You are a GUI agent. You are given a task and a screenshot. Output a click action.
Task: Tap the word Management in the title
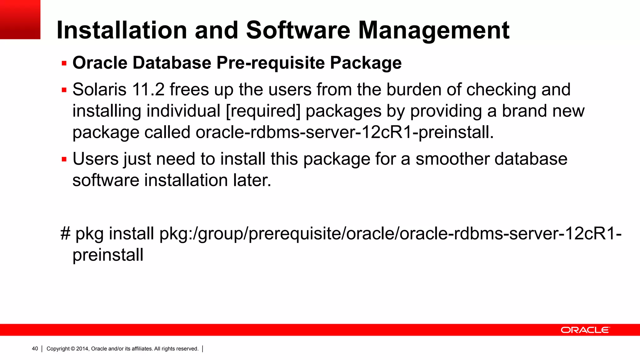click(434, 30)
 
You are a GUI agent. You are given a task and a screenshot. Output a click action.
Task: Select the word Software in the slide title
click(298, 30)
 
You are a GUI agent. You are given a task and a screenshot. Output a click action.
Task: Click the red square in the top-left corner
click(20, 19)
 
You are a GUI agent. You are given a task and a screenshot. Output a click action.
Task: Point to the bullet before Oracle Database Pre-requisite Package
click(64, 63)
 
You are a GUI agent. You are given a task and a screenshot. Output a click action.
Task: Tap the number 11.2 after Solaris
click(148, 90)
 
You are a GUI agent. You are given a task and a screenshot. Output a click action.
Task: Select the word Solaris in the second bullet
click(99, 90)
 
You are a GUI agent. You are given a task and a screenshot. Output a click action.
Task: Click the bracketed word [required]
click(263, 111)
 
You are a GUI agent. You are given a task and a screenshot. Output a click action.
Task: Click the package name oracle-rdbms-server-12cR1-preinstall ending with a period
click(344, 132)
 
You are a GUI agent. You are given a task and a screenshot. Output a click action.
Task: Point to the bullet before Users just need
click(64, 159)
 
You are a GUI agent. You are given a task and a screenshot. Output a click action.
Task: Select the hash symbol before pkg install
click(65, 234)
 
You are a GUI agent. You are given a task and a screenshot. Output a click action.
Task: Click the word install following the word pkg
click(131, 234)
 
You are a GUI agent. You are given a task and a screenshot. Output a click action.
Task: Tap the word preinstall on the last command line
click(108, 255)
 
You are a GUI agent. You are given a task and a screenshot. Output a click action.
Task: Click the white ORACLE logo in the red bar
click(585, 330)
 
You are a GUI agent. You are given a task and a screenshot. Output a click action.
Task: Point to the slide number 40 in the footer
click(35, 349)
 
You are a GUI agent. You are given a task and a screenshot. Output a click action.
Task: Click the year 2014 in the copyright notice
click(82, 349)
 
